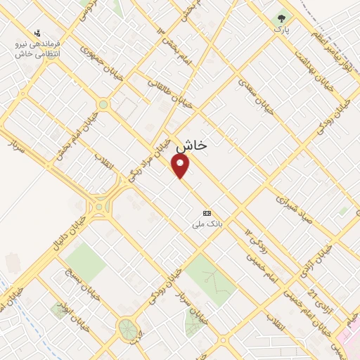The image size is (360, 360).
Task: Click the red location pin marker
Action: pyautogui.click(x=181, y=165)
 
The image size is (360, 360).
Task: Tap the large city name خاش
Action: pyautogui.click(x=192, y=146)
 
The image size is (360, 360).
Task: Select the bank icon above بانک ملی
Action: pyautogui.click(x=207, y=213)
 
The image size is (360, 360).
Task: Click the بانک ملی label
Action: pyautogui.click(x=207, y=225)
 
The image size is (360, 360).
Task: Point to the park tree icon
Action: pyautogui.click(x=281, y=18)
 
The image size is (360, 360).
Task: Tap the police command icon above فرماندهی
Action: pyautogui.click(x=37, y=32)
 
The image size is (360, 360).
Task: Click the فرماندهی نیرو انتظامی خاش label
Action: pyautogui.click(x=38, y=49)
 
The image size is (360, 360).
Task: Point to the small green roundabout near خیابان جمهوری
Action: pyautogui.click(x=103, y=105)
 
